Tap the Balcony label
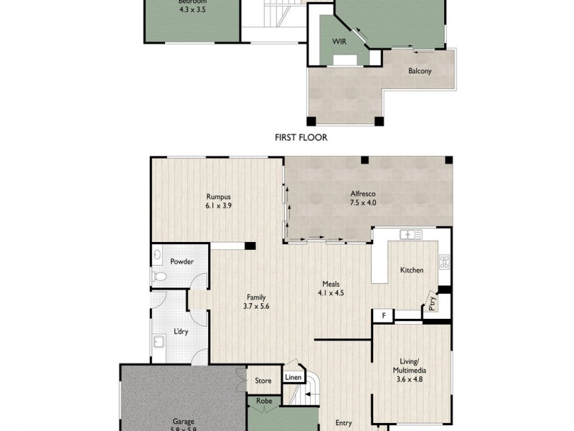[x=420, y=71]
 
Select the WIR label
[x=339, y=42]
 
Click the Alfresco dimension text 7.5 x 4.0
[x=363, y=203]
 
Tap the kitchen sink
[x=410, y=234]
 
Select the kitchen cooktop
[x=445, y=261]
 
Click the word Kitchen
[x=411, y=270]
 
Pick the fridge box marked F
[x=384, y=315]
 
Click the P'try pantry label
[x=432, y=302]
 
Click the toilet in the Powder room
[x=161, y=277]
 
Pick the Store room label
[x=263, y=381]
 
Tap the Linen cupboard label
[x=292, y=377]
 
